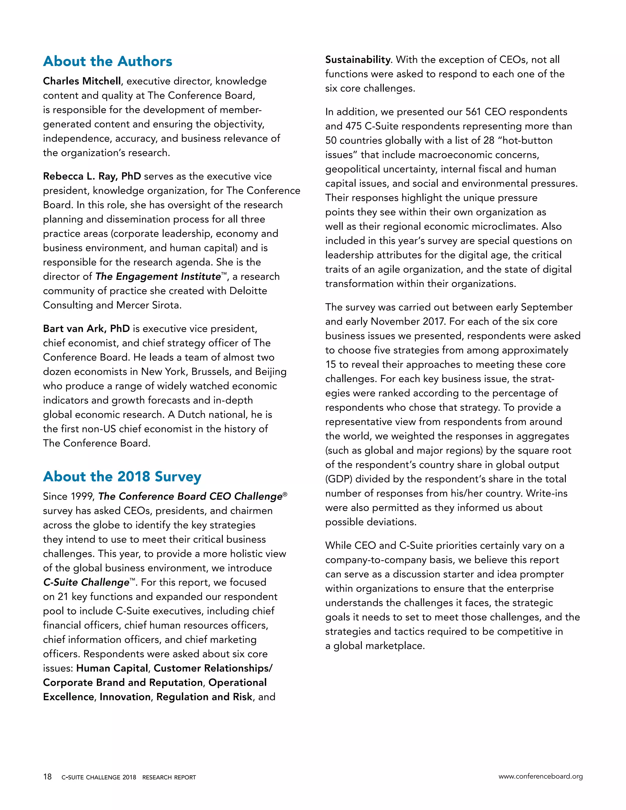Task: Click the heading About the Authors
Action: pyautogui.click(x=108, y=61)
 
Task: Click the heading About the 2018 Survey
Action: pyautogui.click(x=122, y=476)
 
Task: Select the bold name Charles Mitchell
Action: pyautogui.click(x=82, y=81)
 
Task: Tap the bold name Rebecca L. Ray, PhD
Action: pyautogui.click(x=92, y=176)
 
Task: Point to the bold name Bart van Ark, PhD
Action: pyautogui.click(x=86, y=329)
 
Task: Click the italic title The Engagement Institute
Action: pyautogui.click(x=158, y=277)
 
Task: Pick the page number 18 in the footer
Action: pyautogui.click(x=47, y=777)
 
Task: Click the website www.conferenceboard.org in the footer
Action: pyautogui.click(x=540, y=776)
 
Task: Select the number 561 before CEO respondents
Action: pyautogui.click(x=473, y=112)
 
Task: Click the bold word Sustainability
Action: pyautogui.click(x=358, y=60)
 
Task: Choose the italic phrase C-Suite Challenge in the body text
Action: pyautogui.click(x=86, y=582)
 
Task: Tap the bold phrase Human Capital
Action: pyautogui.click(x=112, y=668)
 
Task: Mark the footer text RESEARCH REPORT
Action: pyautogui.click(x=169, y=777)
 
